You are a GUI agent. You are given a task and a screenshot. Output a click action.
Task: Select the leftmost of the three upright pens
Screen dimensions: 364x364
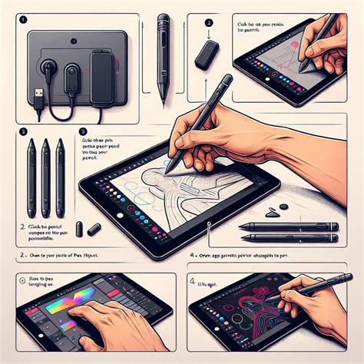pyautogui.click(x=31, y=176)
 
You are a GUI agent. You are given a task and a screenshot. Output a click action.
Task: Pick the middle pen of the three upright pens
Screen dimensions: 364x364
pyautogui.click(x=46, y=176)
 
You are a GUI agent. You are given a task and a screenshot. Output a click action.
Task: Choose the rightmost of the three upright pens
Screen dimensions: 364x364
pyautogui.click(x=60, y=176)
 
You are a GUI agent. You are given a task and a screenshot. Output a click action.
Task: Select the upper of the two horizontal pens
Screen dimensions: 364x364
pyautogui.click(x=288, y=226)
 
